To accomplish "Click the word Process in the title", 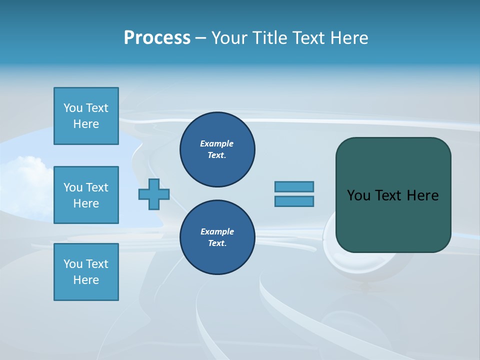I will point(157,38).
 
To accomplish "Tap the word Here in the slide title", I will point(348,38).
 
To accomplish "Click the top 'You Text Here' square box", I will point(86,116).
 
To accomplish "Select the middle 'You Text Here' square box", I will point(86,195).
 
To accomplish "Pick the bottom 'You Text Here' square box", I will point(86,272).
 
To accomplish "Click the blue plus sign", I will point(154,194).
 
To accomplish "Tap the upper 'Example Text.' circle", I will point(217,149).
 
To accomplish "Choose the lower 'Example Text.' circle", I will point(217,237).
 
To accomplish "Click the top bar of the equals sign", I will point(294,186).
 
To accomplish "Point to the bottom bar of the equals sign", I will point(294,201).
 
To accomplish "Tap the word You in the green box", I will point(358,195).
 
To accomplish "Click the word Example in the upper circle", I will point(217,143).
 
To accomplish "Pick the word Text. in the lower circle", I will point(217,243).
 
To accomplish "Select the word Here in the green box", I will point(422,195).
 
